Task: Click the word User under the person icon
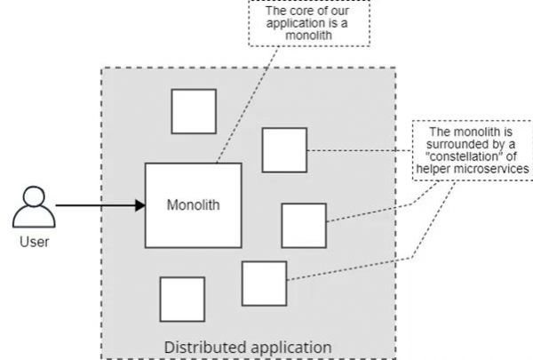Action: coord(34,241)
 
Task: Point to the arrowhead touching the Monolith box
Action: coord(139,205)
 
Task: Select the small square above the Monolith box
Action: coord(194,111)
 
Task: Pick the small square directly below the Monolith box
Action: coord(182,300)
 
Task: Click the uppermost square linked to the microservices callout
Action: coord(284,150)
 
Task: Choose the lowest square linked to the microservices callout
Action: coord(264,284)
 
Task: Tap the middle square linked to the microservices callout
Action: coord(303,226)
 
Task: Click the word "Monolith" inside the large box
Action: coord(193,205)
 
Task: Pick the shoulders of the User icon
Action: coord(34,218)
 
